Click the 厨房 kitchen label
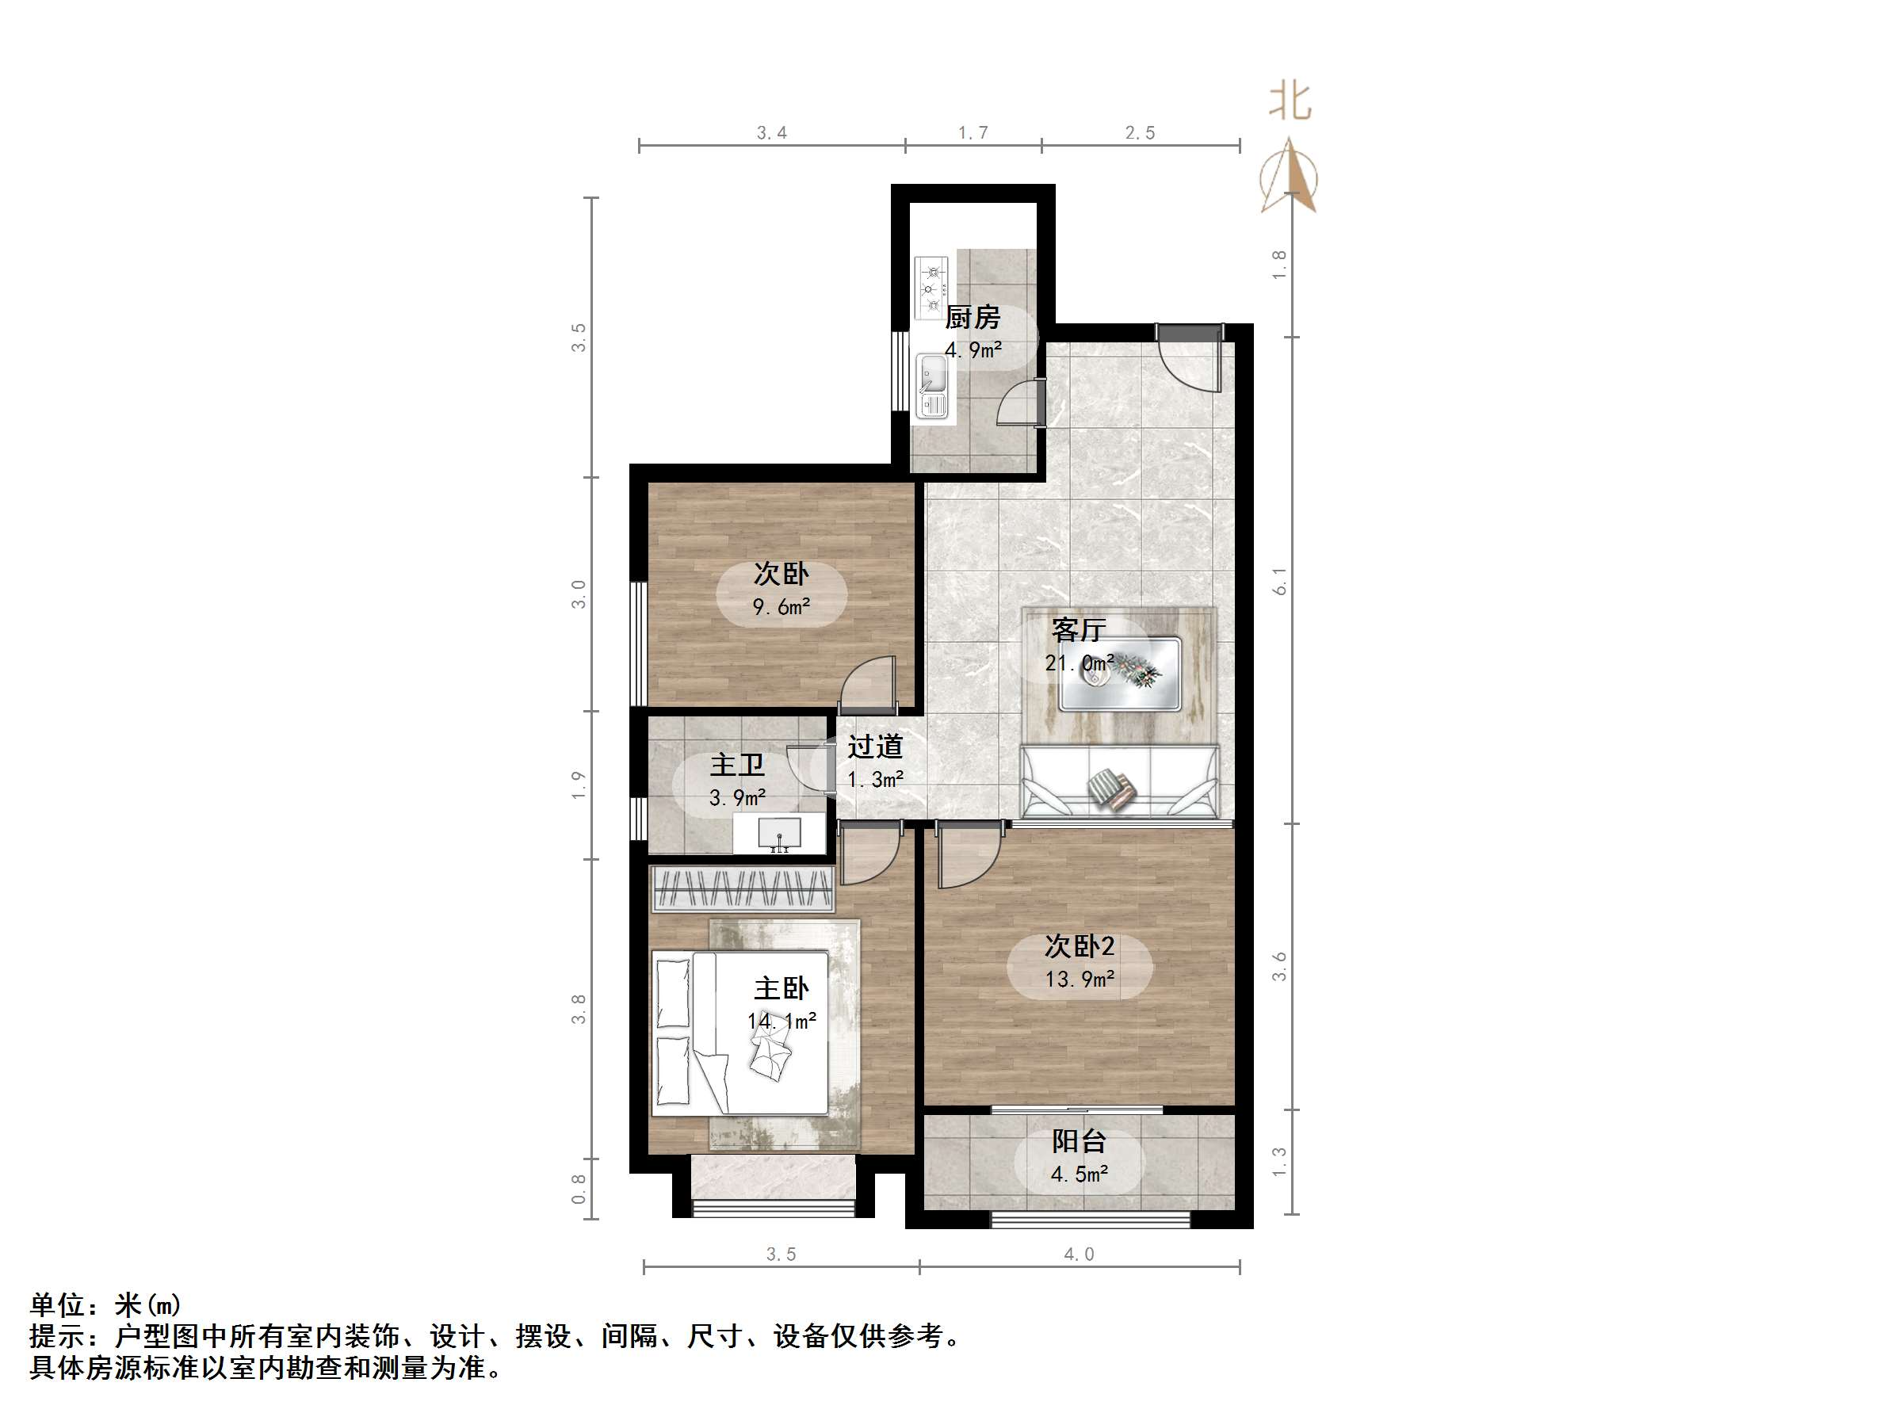coord(972,318)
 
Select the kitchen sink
coord(931,388)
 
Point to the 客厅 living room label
coord(1078,630)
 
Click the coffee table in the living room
coord(1119,674)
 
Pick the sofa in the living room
coord(1119,783)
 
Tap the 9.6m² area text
coord(781,607)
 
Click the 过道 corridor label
coord(875,747)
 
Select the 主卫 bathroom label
coord(737,765)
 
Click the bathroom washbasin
coord(778,834)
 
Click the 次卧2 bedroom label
coord(1080,946)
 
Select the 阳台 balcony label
coord(1080,1140)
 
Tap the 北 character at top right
coord(1290,101)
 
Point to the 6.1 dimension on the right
coord(1279,581)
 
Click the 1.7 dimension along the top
coord(973,133)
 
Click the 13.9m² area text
coord(1080,980)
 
